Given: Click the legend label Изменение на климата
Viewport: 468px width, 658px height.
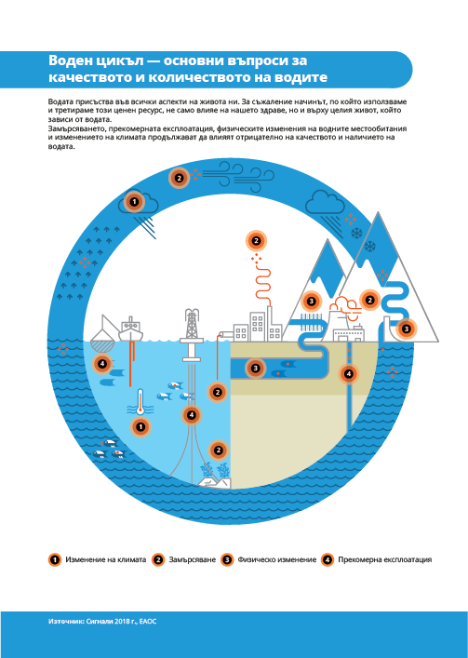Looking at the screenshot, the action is (106, 559).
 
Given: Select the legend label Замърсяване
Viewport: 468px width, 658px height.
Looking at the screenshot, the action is (192, 559).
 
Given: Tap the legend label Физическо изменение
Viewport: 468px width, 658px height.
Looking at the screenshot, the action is (276, 559).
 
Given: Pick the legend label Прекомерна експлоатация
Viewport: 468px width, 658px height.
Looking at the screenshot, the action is (384, 559).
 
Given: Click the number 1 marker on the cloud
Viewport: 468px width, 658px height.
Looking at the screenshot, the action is (134, 202).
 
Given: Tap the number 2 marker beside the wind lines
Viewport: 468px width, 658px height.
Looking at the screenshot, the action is (179, 178).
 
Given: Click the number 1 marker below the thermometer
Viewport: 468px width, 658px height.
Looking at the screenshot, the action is (141, 427).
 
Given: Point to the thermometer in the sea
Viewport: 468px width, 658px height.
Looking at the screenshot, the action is (140, 402).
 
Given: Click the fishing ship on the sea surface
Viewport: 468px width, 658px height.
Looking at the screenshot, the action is (130, 329).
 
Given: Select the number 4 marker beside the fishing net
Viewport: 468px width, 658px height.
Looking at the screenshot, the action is (102, 364).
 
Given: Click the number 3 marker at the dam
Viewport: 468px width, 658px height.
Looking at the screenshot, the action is (406, 329).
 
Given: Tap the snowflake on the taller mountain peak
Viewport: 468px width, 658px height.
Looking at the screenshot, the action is (370, 246).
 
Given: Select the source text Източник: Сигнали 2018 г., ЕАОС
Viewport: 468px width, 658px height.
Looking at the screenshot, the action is (102, 622).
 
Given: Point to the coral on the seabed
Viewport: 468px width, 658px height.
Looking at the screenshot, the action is (216, 472).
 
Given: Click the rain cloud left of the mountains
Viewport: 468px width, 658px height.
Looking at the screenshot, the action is (325, 203).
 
